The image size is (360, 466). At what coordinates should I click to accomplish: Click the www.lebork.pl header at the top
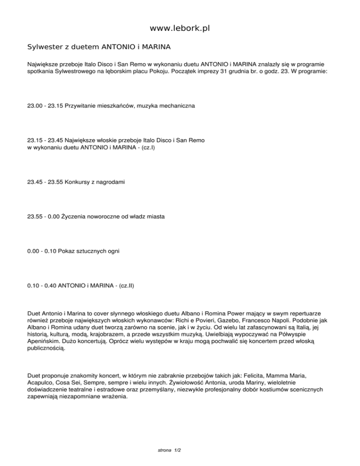tap(180, 29)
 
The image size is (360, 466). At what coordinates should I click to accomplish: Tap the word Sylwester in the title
tap(44, 47)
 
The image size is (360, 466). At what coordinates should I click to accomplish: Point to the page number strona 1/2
tap(170, 450)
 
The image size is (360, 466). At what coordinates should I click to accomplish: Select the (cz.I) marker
tap(144, 148)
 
